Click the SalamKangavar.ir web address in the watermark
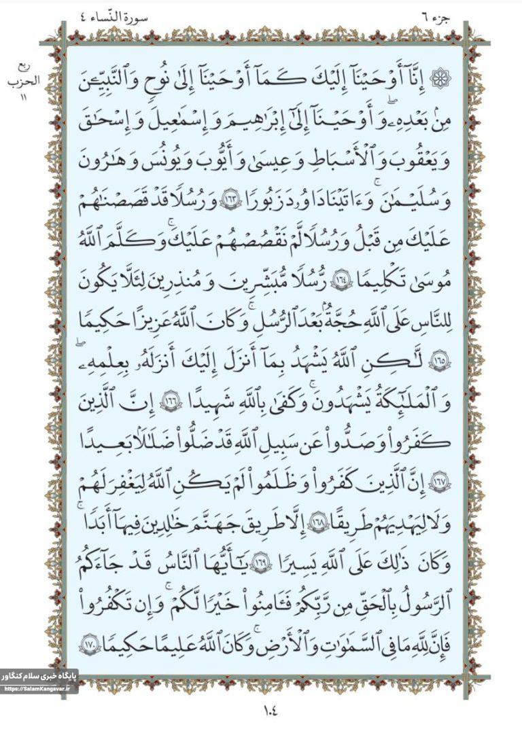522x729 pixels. [37, 689]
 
